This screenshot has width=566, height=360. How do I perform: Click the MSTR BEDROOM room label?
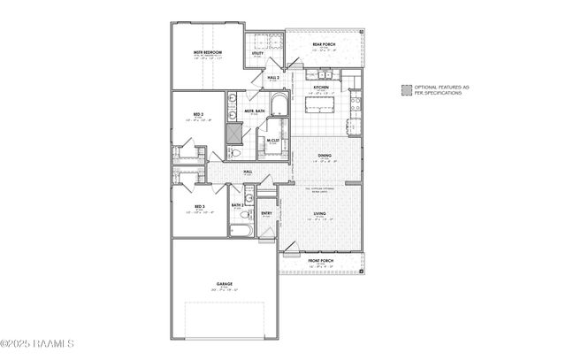coord(208,53)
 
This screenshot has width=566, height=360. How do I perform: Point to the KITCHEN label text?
coord(319,87)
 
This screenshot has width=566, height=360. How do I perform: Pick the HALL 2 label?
coord(273,77)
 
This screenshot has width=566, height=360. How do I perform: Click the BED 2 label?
coord(200,115)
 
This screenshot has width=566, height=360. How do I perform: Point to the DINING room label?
coord(325,156)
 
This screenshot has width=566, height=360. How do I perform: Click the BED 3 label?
coord(200,207)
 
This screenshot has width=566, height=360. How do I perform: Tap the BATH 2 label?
coord(238,206)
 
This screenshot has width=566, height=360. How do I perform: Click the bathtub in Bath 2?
coord(241,232)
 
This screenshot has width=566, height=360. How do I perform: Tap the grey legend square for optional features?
coord(405,89)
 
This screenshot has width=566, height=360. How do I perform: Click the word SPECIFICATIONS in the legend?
coord(441,93)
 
